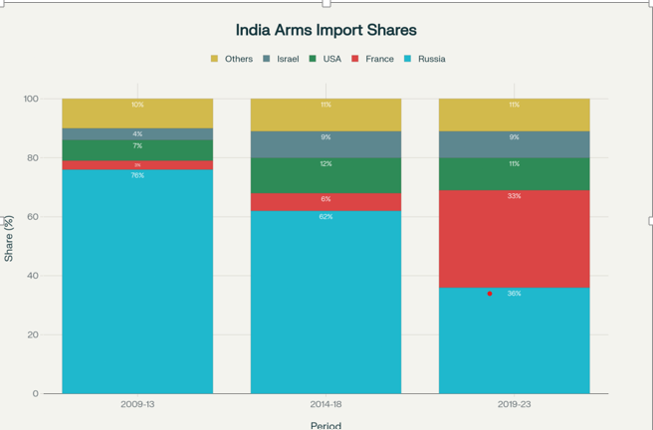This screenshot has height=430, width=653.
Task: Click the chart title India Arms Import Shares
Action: [326, 30]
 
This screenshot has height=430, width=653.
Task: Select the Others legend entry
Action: [238, 59]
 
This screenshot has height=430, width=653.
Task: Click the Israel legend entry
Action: [287, 59]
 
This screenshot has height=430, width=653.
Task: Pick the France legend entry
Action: [379, 59]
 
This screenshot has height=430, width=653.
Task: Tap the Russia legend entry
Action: [431, 59]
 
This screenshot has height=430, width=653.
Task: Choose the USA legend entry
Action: [331, 59]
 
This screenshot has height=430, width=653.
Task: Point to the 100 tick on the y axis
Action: [31, 99]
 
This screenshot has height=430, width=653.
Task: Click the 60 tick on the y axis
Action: [34, 217]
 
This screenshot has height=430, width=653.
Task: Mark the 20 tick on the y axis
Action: [34, 334]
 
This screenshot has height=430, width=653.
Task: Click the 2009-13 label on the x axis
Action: [137, 405]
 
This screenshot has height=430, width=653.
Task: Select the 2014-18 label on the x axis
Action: [326, 405]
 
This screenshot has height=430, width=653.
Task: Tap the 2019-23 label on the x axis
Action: [514, 405]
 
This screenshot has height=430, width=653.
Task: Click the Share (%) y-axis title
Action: [9, 238]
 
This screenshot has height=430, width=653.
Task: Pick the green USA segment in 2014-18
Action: [326, 176]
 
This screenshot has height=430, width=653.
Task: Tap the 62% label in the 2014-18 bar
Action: [326, 216]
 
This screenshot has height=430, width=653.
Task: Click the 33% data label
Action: [514, 196]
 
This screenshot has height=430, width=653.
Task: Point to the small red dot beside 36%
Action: [490, 294]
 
